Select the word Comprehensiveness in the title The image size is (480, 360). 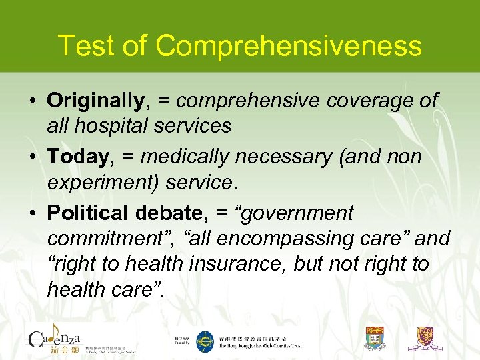pyautogui.click(x=289, y=46)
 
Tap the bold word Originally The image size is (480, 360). pyautogui.click(x=95, y=101)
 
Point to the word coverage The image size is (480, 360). pyautogui.click(x=343, y=101)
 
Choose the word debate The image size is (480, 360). pyautogui.click(x=168, y=213)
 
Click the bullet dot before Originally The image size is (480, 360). pyautogui.click(x=32, y=101)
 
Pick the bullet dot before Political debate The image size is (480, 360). pyautogui.click(x=32, y=213)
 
